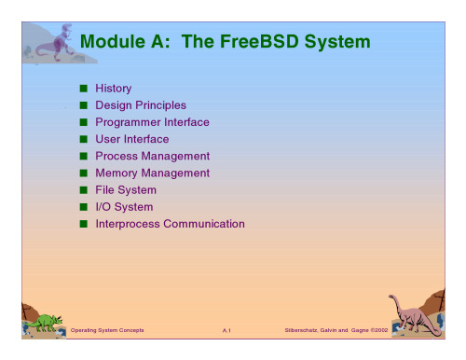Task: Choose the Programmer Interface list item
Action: tap(152, 122)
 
